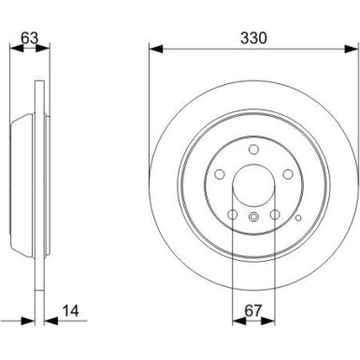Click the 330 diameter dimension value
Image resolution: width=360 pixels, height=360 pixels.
pyautogui.click(x=253, y=38)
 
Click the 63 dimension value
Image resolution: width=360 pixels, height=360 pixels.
pyautogui.click(x=29, y=38)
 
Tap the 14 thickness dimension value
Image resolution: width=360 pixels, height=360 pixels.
pyautogui.click(x=71, y=310)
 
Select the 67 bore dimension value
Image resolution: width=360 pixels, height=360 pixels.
pyautogui.click(x=252, y=310)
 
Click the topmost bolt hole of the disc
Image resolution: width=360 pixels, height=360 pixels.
pyautogui.click(x=253, y=150)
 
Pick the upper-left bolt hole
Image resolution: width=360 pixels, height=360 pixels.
pyautogui.click(x=220, y=174)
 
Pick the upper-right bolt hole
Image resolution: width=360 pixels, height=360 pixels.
pyautogui.click(x=288, y=174)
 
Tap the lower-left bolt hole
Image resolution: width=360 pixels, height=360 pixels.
pyautogui.click(x=233, y=214)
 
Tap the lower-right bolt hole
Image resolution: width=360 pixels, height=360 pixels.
pyautogui.click(x=275, y=214)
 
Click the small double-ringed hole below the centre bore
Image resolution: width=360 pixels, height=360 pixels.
pyautogui.click(x=253, y=216)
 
